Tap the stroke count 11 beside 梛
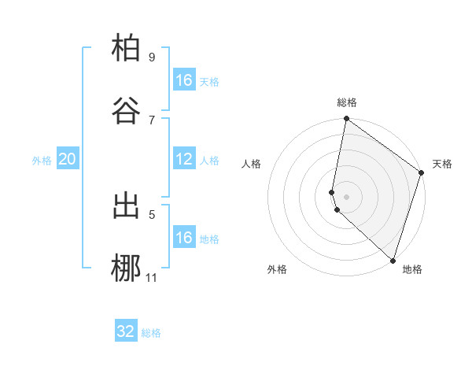click(x=152, y=277)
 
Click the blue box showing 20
click(x=68, y=159)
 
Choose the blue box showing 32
click(x=126, y=331)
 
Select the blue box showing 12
click(x=184, y=159)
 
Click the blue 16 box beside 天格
click(x=184, y=80)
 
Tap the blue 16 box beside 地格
click(x=184, y=238)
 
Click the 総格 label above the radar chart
click(x=347, y=102)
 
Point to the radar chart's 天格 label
click(x=442, y=164)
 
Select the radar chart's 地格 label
click(x=412, y=269)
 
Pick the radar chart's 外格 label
click(x=277, y=269)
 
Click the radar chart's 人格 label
click(x=251, y=164)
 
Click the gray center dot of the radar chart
click(x=346, y=196)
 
